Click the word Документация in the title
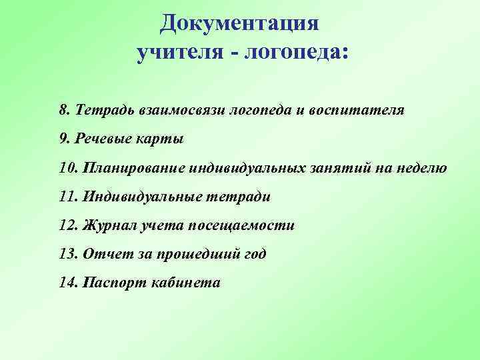(240, 24)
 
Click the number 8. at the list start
(65, 109)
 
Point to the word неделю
(421, 167)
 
